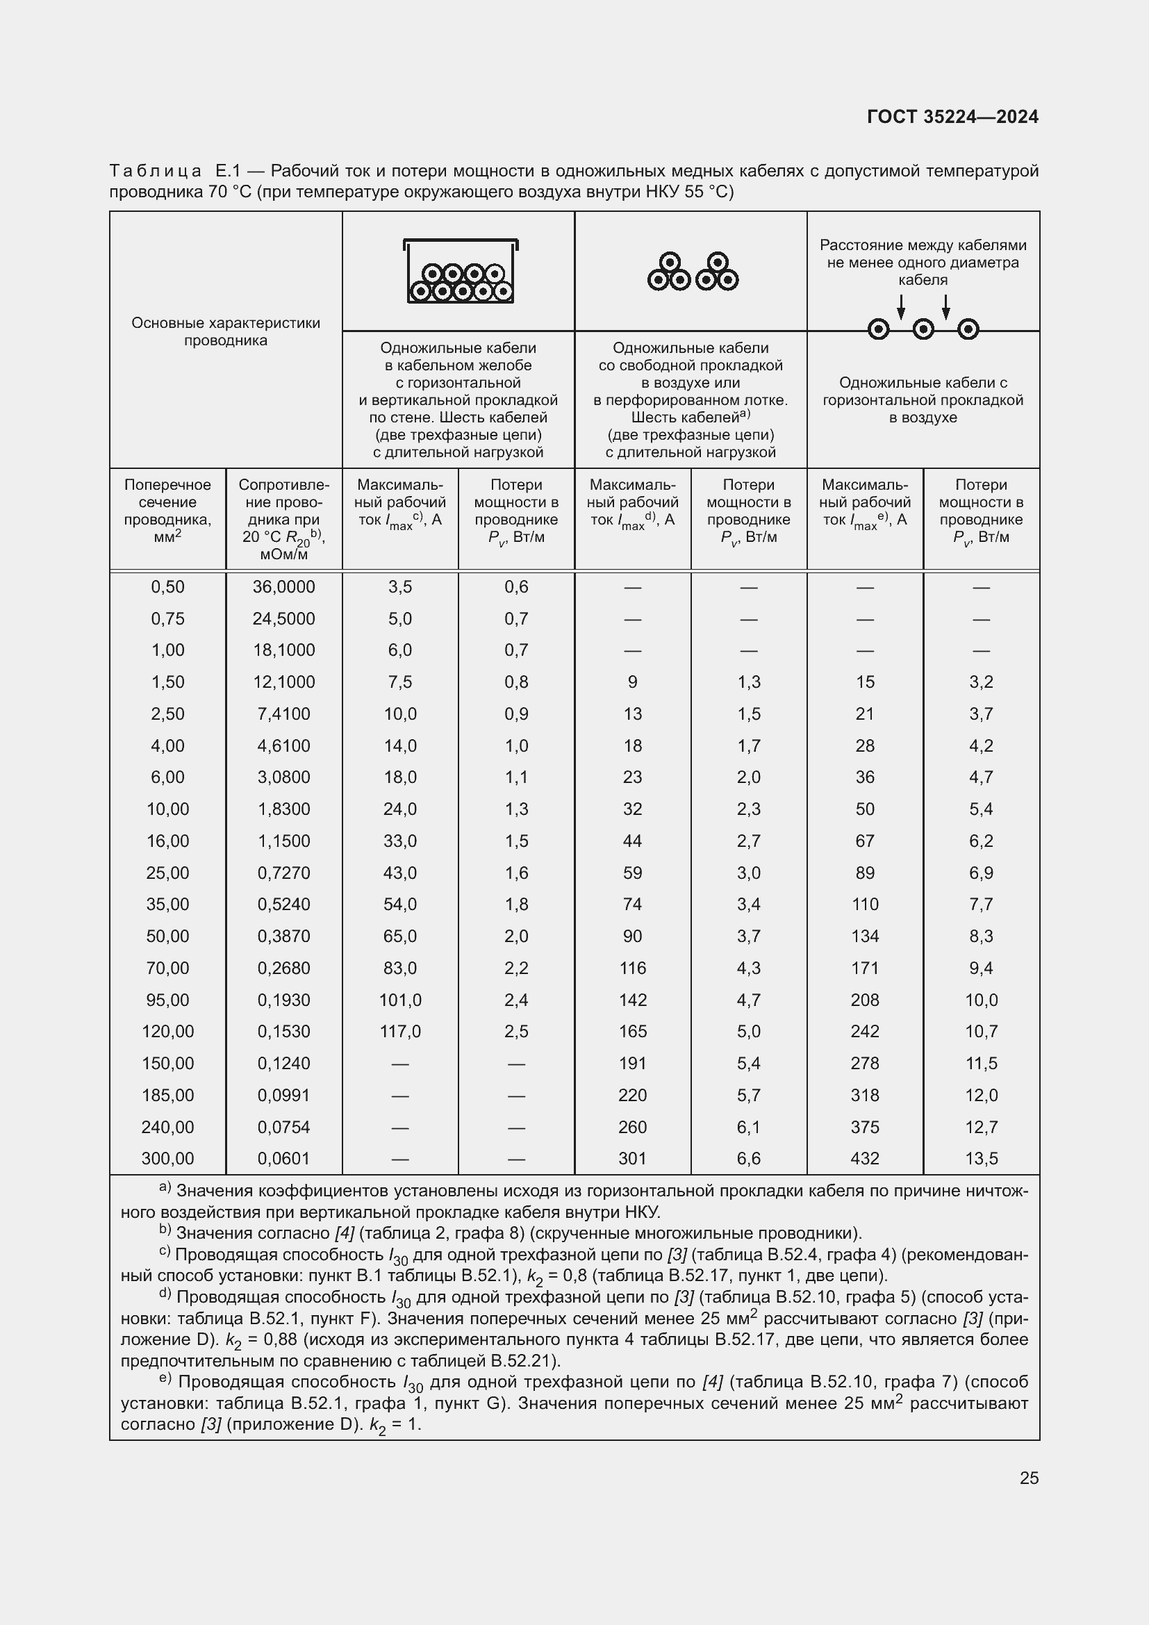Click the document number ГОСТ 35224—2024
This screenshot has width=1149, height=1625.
tap(952, 117)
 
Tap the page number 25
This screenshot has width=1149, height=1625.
tap(1029, 1478)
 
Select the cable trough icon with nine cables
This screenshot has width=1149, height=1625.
tap(461, 271)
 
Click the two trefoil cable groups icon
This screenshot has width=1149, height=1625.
tap(692, 272)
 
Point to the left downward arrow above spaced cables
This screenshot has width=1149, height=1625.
tap(901, 306)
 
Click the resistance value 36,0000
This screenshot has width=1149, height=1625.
tap(283, 587)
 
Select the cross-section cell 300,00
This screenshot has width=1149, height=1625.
tap(167, 1159)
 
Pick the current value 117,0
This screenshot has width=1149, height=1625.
tap(399, 1031)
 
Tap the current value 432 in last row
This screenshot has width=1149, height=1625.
tap(865, 1159)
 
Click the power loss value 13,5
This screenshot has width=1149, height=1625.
tap(981, 1159)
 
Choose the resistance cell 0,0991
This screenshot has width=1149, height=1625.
tap(283, 1095)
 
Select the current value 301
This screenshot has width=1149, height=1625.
tap(633, 1159)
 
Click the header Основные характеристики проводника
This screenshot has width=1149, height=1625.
tap(226, 331)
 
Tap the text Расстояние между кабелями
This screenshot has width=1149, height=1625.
tap(923, 245)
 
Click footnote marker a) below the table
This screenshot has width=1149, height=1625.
tap(165, 1187)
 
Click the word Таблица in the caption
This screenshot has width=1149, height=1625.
tap(156, 171)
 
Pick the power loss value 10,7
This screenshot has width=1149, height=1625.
tap(981, 1031)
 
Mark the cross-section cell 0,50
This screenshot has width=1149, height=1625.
tap(167, 587)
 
